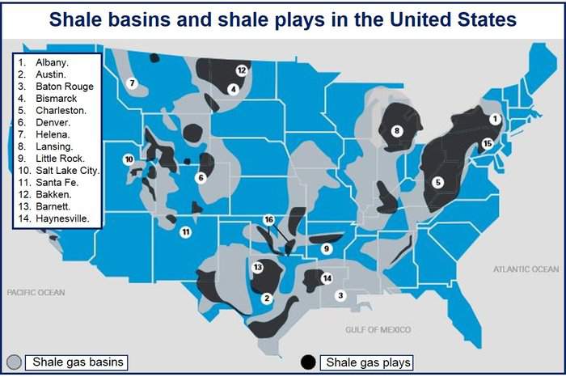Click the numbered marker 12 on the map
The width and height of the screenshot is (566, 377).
pos(242,70)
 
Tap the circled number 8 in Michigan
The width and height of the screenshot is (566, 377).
pos(397,131)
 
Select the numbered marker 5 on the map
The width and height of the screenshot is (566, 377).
pos(438,182)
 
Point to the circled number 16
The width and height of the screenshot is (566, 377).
pos(269,219)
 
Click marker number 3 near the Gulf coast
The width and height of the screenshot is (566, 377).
pos(340,296)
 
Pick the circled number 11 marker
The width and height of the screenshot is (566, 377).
pos(185,232)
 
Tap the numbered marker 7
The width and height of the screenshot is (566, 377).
pos(132,83)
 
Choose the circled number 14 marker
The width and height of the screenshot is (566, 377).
pos(327,278)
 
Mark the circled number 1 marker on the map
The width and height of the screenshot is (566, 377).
pos(495,119)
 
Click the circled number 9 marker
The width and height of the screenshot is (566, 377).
pos(327,248)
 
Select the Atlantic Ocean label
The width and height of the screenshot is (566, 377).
pos(526,269)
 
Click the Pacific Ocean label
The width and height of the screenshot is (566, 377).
pos(36,292)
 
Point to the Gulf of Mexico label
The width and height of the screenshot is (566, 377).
pos(378,330)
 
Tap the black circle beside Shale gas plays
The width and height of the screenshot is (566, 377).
pos(308,362)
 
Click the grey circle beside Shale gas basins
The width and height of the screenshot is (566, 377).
pos(14,362)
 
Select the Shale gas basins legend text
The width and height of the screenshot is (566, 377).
pos(78,362)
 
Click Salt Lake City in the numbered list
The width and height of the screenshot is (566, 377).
pos(67,171)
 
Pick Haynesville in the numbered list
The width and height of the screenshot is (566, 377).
pos(62,218)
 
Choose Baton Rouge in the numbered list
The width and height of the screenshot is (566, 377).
pos(65,87)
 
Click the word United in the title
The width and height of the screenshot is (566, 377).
pos(420,19)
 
